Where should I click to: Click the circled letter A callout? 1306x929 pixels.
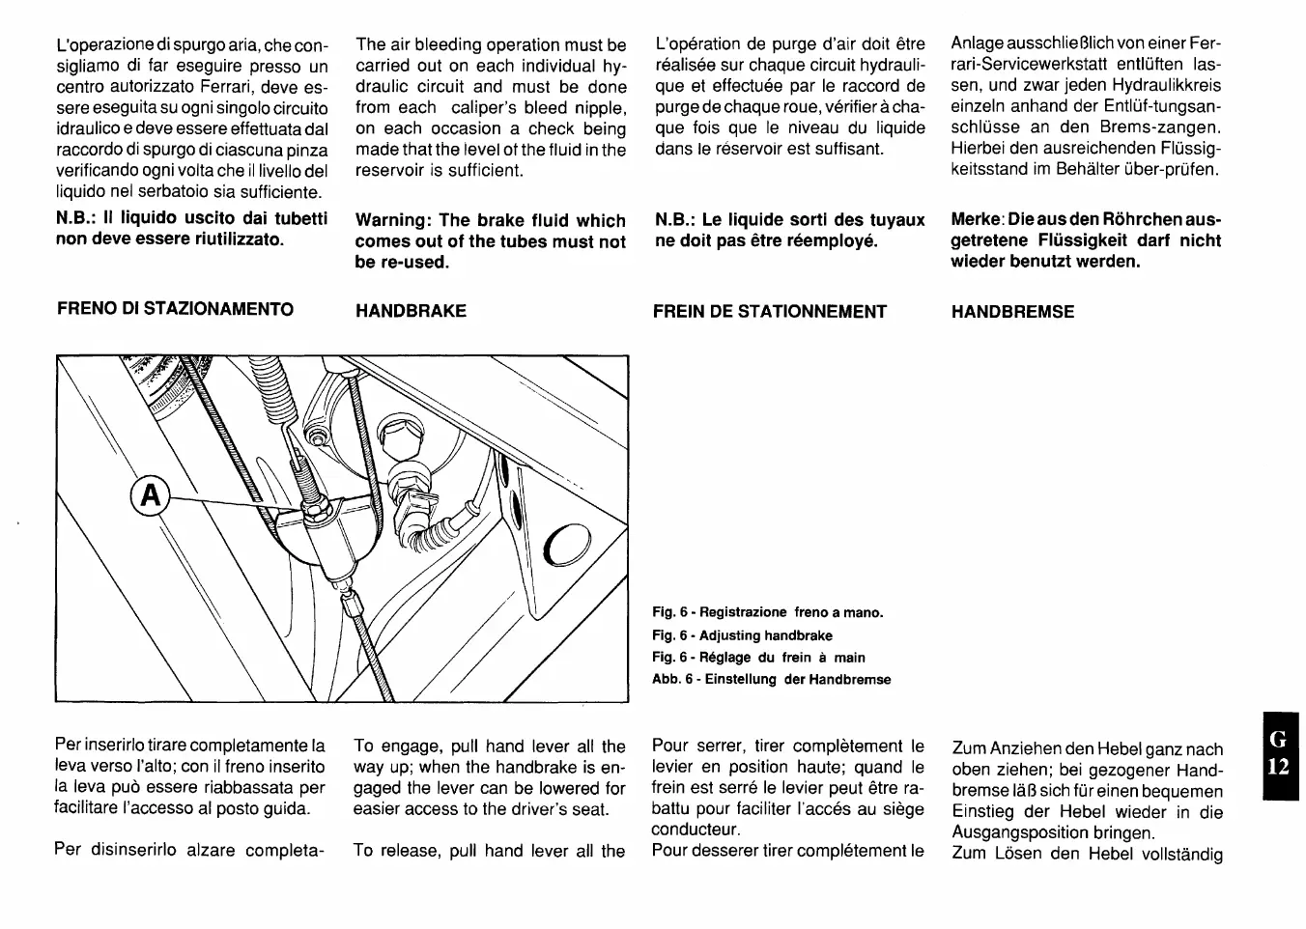[149, 495]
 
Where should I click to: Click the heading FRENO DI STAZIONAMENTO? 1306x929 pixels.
[175, 309]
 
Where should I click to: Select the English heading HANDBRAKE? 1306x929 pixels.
[411, 311]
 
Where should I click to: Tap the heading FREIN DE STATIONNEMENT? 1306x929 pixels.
[769, 311]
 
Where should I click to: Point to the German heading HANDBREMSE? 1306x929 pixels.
[1012, 312]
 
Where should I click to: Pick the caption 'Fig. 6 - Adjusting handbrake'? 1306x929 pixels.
[742, 635]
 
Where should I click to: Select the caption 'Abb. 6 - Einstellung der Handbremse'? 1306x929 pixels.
[771, 679]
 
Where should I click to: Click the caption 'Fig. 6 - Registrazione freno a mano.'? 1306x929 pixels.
[768, 612]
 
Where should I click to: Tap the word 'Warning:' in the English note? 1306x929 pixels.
[392, 220]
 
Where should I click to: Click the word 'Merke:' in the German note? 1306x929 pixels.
[979, 220]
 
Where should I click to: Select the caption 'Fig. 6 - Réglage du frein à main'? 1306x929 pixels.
[758, 658]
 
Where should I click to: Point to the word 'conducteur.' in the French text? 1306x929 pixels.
[696, 830]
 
